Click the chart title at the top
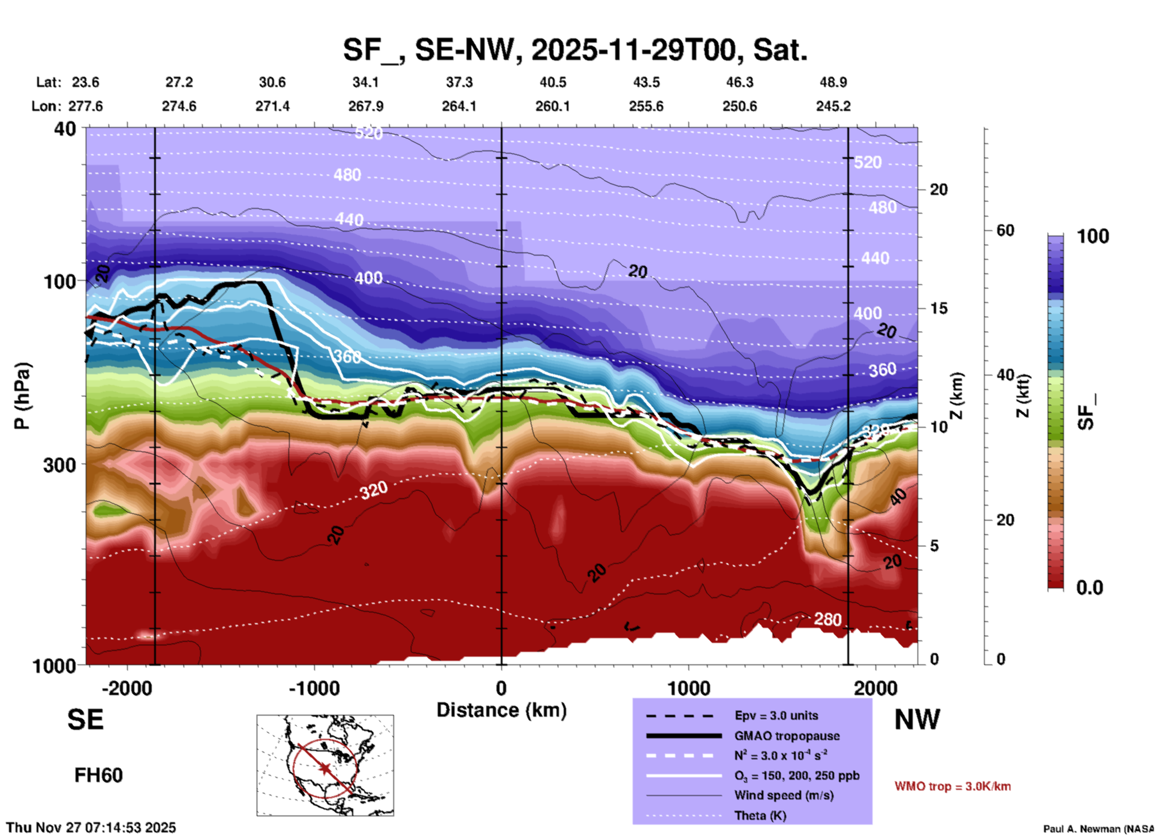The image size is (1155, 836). (x=575, y=49)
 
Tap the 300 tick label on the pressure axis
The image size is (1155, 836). (x=60, y=465)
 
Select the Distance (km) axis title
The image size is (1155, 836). (x=501, y=710)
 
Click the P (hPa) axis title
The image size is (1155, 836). (x=22, y=396)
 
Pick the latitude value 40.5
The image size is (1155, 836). (x=552, y=82)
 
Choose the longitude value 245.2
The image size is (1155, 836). (x=833, y=106)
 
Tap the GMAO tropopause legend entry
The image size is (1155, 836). (x=786, y=736)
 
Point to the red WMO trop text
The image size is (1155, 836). (x=952, y=786)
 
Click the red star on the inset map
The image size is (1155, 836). (x=325, y=768)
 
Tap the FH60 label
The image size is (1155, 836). (x=98, y=775)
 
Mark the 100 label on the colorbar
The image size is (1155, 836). (x=1093, y=236)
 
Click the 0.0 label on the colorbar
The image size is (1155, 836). (x=1090, y=588)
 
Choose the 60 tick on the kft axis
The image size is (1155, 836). (x=1005, y=230)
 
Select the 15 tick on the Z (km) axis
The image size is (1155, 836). (x=939, y=308)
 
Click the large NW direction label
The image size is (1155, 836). (x=917, y=720)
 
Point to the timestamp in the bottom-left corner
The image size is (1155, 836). (x=91, y=828)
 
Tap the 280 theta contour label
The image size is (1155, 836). (x=827, y=620)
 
